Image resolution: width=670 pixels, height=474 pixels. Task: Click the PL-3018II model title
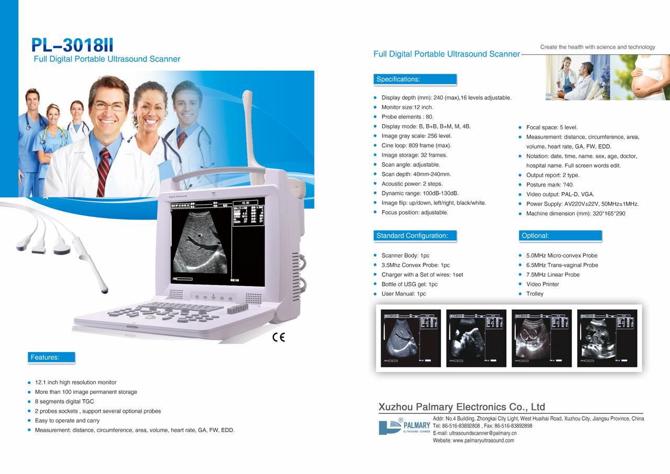click(x=72, y=45)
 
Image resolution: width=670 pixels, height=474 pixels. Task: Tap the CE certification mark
click(x=278, y=337)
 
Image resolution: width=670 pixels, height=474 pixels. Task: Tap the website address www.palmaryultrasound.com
click(x=473, y=440)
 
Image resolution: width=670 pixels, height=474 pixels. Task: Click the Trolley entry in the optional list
click(x=534, y=294)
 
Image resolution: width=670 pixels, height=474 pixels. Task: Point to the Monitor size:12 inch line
click(x=407, y=107)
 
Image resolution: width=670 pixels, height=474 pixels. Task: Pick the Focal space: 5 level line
click(x=552, y=127)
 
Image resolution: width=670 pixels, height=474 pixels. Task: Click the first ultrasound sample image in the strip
click(x=411, y=338)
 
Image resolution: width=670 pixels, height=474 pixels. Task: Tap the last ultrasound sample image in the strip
click(x=607, y=338)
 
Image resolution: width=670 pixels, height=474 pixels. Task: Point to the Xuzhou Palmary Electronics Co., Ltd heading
click(x=462, y=407)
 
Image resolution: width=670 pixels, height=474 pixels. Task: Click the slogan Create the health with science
click(x=597, y=47)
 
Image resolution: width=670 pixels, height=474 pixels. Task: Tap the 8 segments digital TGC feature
click(x=64, y=402)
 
